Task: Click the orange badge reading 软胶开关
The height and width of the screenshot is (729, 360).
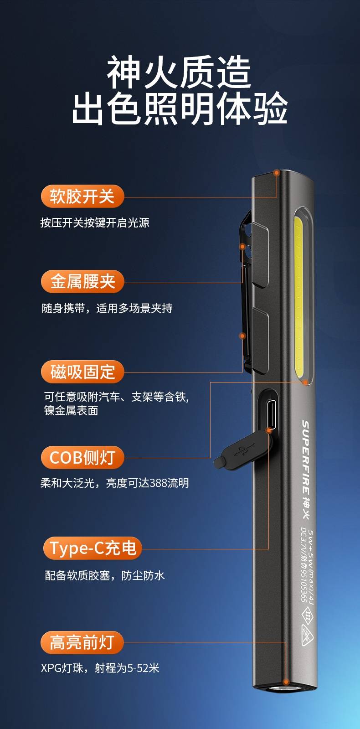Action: point(82,196)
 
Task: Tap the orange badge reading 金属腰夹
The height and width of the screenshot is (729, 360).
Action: point(82,281)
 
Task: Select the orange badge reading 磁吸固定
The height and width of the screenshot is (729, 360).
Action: point(82,372)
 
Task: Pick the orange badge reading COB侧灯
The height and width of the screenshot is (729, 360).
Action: point(82,457)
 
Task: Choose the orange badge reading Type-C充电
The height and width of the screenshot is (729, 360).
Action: point(93,548)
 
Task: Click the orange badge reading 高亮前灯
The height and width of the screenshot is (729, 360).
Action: point(82,642)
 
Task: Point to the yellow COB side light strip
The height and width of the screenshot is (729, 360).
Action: point(299,297)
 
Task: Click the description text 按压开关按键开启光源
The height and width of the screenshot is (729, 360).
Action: point(95,222)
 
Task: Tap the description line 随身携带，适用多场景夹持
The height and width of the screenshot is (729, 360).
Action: point(107,308)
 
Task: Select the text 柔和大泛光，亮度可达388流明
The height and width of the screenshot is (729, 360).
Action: point(114,483)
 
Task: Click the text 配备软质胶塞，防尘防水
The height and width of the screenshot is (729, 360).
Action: point(105,575)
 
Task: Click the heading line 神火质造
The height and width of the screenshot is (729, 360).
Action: point(179,72)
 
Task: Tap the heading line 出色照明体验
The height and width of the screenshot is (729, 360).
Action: point(180,109)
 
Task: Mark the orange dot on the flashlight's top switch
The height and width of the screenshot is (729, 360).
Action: point(277,173)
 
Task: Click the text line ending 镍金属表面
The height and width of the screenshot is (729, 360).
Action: point(71,410)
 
